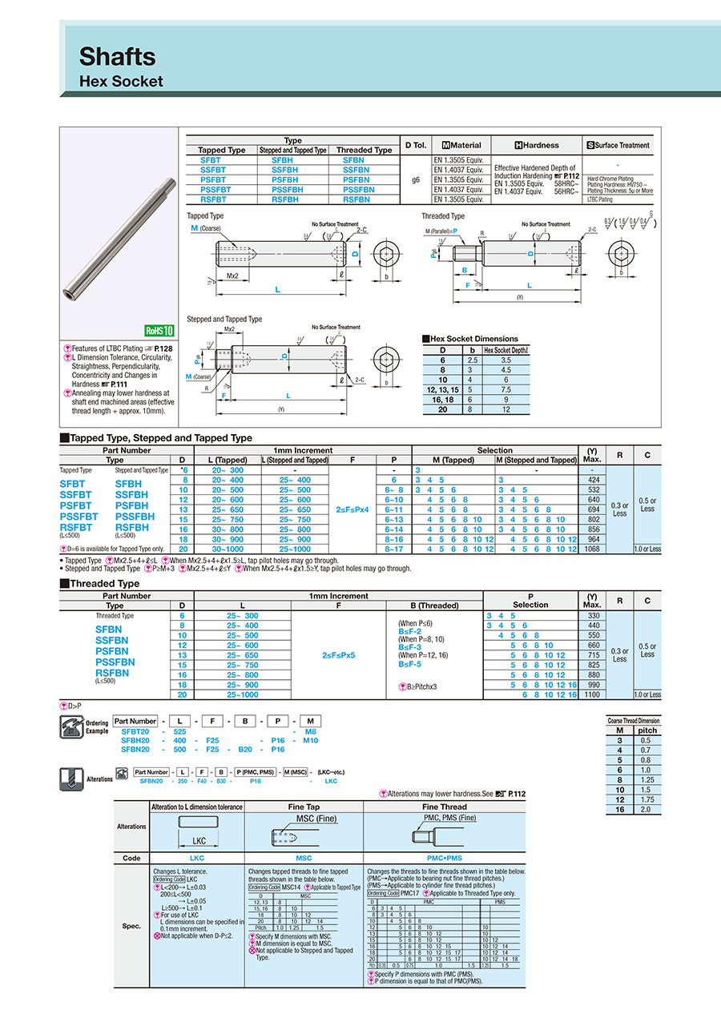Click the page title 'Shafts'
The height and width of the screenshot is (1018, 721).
point(117,56)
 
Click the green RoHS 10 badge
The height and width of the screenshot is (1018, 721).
point(159,330)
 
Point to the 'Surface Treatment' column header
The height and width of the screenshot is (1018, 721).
point(618,145)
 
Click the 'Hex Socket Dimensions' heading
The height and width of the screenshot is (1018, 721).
point(473,339)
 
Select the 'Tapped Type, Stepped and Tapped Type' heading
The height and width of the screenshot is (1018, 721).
point(160,438)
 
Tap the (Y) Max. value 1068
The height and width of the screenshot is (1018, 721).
point(593,549)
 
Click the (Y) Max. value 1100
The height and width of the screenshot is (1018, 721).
point(593,694)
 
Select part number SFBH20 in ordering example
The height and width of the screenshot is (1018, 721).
point(135,741)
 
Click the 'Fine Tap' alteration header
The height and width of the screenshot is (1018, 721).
point(304,807)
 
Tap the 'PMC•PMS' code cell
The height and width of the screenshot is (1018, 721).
point(445,858)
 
